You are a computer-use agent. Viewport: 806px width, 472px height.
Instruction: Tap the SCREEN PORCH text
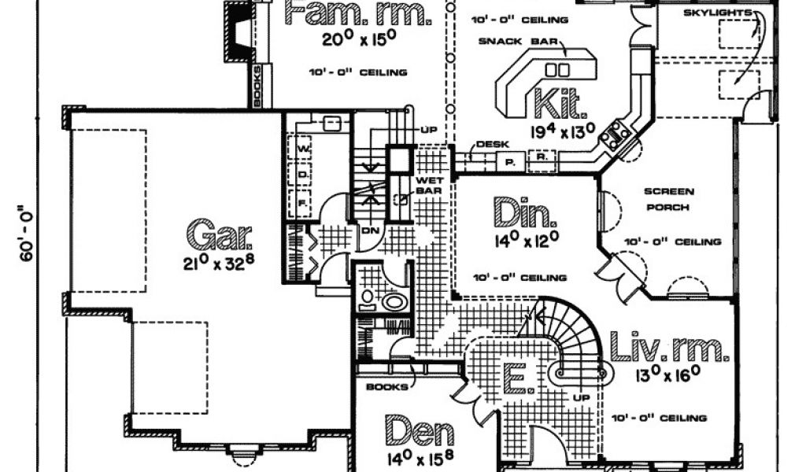(x=668, y=199)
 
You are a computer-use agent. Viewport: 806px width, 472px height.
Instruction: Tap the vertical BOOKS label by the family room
(x=256, y=87)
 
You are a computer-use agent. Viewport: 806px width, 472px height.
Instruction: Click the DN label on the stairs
(x=370, y=230)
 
